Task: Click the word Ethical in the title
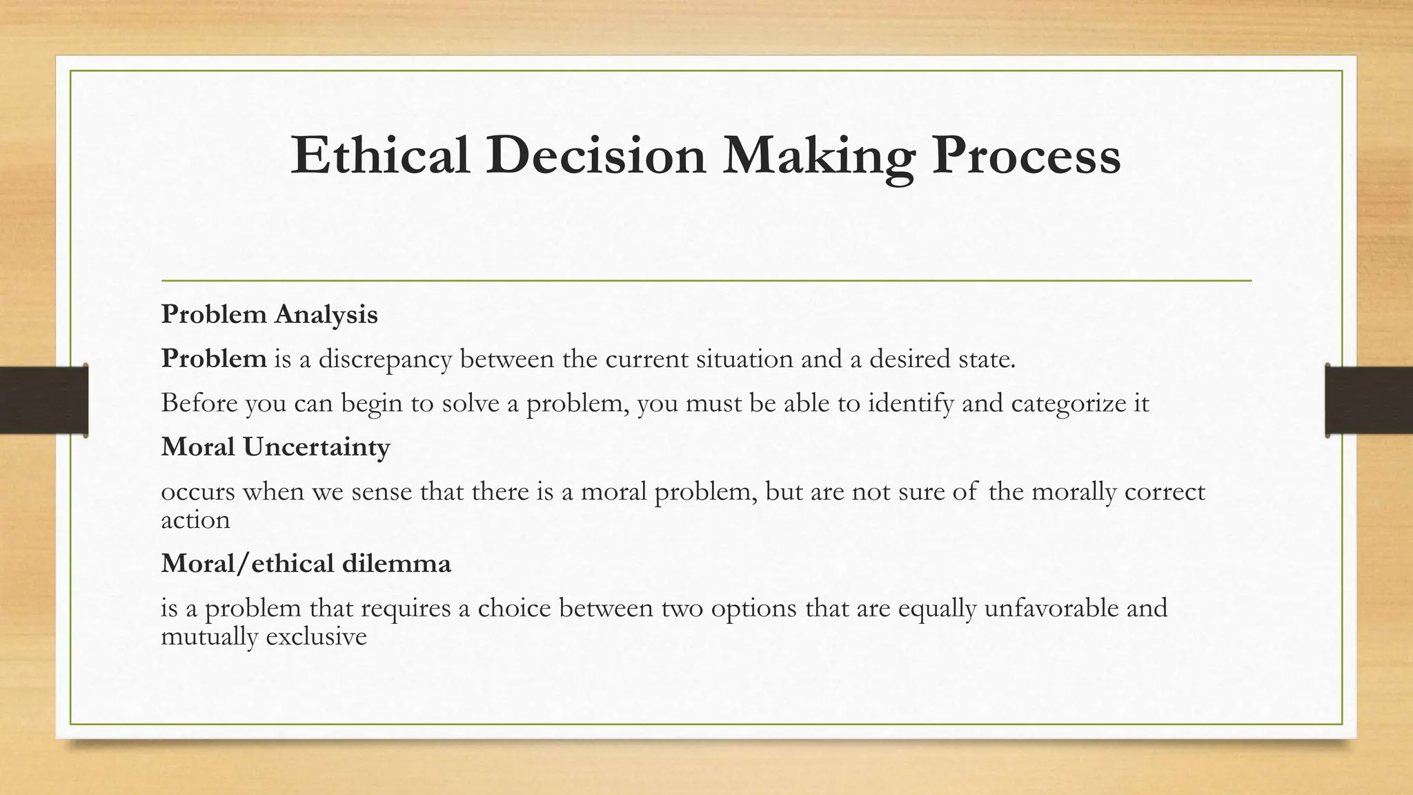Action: pos(380,156)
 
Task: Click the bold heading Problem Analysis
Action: pos(269,315)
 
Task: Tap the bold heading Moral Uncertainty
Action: pos(275,447)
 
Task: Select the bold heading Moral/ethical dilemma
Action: pos(306,563)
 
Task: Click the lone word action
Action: pos(195,520)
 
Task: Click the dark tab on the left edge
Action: pos(43,400)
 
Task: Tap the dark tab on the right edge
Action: pos(1369,400)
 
